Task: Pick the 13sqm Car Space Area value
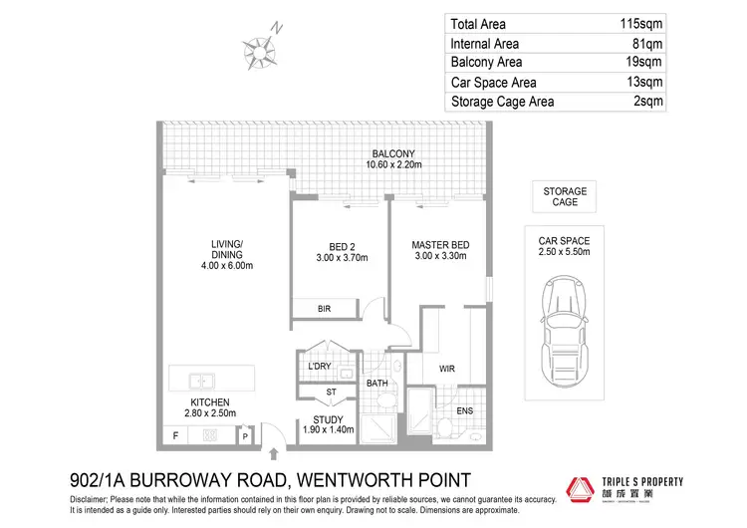coord(643,82)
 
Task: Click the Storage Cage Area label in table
coord(504,101)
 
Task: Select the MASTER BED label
coord(440,251)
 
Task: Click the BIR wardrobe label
coord(325,310)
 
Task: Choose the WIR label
coord(447,369)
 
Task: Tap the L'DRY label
coord(319,367)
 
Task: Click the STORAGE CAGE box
coord(565,196)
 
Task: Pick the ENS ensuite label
coord(465,410)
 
